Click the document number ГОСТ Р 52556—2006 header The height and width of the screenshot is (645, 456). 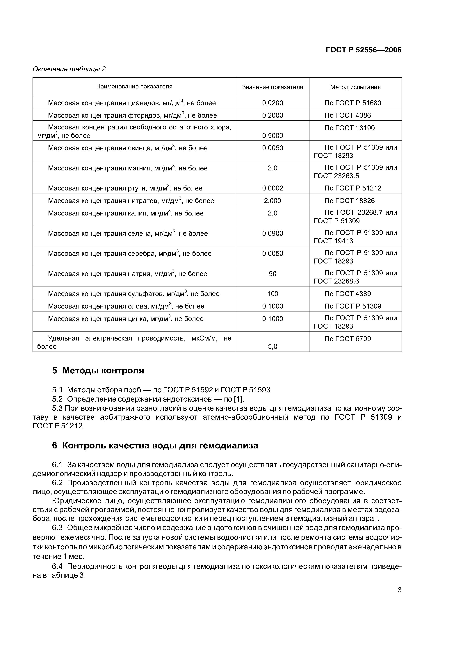click(x=363, y=50)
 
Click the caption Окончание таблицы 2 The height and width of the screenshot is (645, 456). click(x=69, y=69)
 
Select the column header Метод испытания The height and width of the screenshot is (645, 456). click(x=355, y=87)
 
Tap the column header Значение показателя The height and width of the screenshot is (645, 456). click(x=272, y=87)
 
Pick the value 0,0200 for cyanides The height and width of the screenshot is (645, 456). click(x=272, y=103)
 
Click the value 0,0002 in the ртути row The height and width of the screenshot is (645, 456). click(x=272, y=188)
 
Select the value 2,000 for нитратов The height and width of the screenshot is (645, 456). click(x=272, y=201)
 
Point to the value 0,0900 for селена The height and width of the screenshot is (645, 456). click(x=272, y=233)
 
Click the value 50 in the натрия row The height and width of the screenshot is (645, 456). click(x=272, y=273)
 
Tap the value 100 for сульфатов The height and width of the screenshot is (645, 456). click(x=272, y=294)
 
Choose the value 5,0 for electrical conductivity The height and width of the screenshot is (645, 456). click(x=272, y=346)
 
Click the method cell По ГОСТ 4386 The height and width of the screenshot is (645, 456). click(x=348, y=115)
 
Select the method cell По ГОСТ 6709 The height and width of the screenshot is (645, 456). click(x=348, y=338)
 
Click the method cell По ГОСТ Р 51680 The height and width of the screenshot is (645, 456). click(x=353, y=103)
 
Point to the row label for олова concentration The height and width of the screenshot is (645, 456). click(x=126, y=306)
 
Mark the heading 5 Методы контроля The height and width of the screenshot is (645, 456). click(x=98, y=370)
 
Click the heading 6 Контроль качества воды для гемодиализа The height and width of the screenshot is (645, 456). click(x=155, y=445)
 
